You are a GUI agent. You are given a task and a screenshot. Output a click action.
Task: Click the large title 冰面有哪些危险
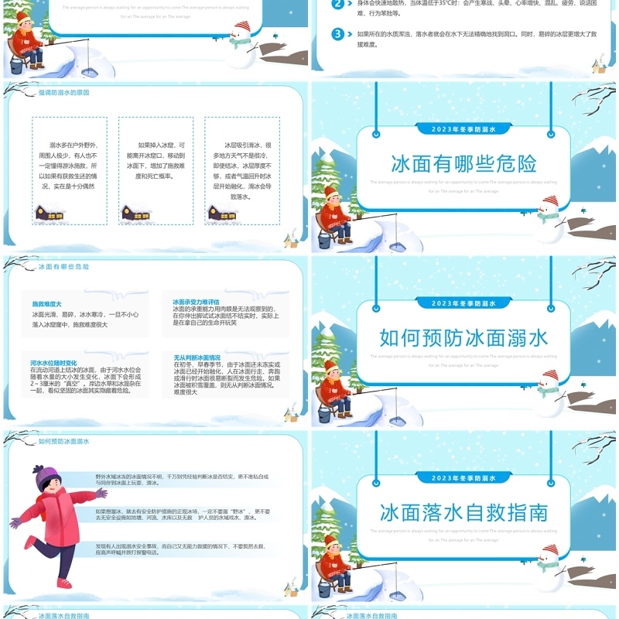point(463,163)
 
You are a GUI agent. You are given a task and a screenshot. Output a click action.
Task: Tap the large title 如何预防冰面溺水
point(463,337)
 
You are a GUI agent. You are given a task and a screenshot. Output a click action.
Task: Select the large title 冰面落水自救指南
point(463,512)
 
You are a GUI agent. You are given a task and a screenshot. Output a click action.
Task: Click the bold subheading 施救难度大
point(46,303)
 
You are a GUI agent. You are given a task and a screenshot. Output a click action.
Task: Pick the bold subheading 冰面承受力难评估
point(196,302)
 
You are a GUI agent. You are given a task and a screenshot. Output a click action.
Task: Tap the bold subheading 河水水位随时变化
point(53,362)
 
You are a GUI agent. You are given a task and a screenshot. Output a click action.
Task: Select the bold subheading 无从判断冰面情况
point(197,357)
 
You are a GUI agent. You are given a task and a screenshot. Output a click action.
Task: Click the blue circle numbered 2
point(337,4)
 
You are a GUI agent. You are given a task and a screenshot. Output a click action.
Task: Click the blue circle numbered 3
point(337,34)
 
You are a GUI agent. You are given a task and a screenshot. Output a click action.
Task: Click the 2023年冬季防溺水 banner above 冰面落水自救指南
point(463,478)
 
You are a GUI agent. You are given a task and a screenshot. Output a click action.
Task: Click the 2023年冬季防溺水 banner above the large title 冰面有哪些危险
point(463,129)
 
